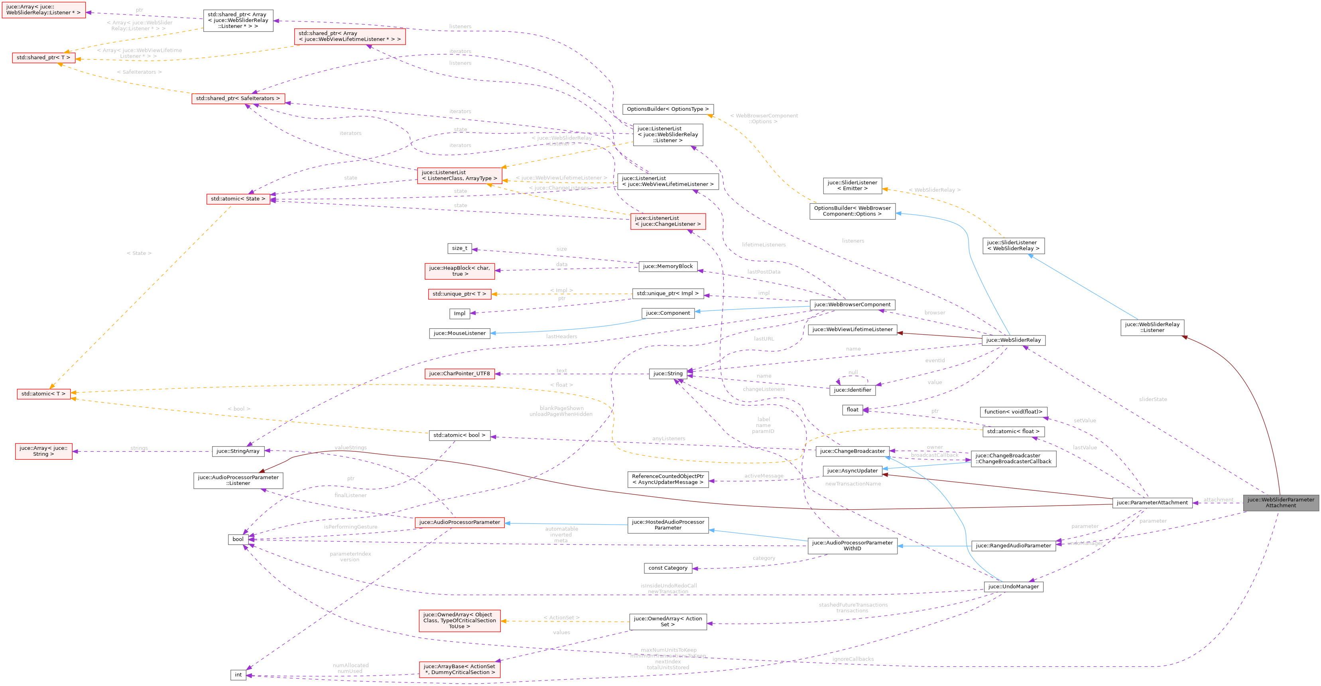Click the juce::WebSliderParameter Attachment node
tap(1280, 503)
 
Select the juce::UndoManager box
tap(1013, 587)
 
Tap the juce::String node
tap(668, 374)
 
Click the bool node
tap(238, 539)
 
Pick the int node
tap(238, 675)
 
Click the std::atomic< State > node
tap(238, 199)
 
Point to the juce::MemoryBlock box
tap(668, 267)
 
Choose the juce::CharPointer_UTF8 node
tap(459, 374)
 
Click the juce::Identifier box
tap(852, 390)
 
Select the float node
tap(852, 410)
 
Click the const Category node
tap(668, 568)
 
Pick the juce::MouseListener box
tap(459, 333)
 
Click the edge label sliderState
tap(1152, 399)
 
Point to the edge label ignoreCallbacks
tap(853, 659)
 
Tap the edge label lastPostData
tap(763, 272)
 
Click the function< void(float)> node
tap(1013, 412)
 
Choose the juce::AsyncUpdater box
tap(852, 470)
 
